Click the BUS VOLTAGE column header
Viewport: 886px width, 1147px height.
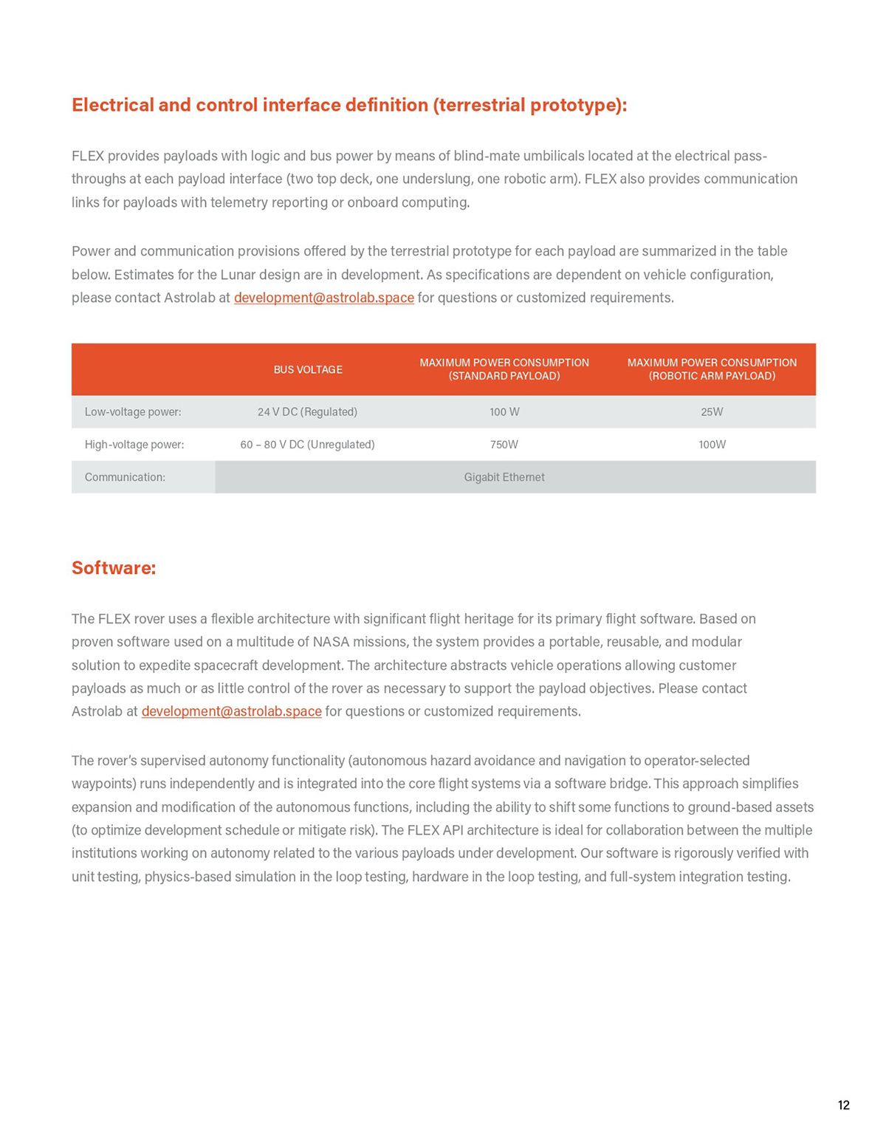tap(308, 369)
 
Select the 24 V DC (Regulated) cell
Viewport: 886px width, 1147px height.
tap(307, 412)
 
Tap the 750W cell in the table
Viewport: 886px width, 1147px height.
tap(504, 445)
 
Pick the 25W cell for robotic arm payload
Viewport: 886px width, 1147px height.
tap(712, 412)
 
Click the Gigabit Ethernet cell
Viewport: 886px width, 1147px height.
tap(504, 477)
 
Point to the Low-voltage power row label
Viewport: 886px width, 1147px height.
tap(133, 412)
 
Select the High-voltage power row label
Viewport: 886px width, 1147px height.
tap(134, 445)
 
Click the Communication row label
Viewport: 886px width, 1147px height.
tap(125, 477)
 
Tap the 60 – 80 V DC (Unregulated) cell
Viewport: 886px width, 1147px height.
tap(307, 445)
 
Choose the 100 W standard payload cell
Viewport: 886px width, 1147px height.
tap(504, 412)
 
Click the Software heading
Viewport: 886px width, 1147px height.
tap(114, 568)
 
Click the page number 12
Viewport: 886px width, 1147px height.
tap(844, 1105)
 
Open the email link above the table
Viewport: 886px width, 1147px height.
tap(323, 298)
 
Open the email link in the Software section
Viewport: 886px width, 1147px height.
tap(231, 711)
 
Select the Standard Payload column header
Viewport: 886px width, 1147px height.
tap(504, 369)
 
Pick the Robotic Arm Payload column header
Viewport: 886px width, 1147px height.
tap(712, 369)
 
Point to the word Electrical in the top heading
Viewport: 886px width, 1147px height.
tap(112, 105)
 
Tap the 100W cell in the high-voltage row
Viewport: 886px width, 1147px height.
tap(712, 445)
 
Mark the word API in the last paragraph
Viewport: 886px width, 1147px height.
tap(454, 830)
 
